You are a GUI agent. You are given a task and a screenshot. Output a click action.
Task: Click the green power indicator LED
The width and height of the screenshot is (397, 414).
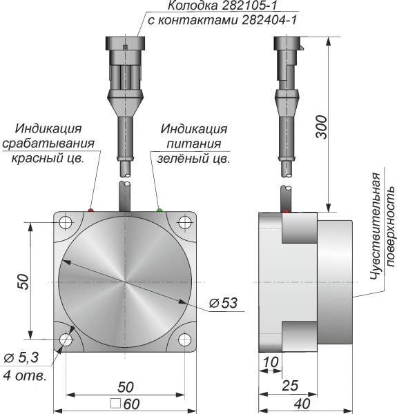[159, 210]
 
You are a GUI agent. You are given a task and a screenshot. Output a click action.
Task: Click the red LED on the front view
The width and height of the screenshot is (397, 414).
[90, 210]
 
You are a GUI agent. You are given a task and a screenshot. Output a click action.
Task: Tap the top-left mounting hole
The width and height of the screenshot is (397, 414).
[66, 222]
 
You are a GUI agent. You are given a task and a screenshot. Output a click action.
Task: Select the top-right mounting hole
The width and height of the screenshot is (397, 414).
[184, 222]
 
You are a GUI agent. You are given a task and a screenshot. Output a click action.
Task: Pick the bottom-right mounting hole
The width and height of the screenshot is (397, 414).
[184, 339]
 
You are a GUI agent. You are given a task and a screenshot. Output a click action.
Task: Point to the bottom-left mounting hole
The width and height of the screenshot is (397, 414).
[66, 339]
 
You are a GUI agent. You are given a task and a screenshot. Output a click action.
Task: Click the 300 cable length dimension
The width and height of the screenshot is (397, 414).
[322, 127]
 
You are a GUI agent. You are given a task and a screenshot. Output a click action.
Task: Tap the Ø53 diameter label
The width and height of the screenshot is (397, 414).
[224, 303]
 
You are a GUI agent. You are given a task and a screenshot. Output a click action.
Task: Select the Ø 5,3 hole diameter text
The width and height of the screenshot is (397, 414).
[21, 357]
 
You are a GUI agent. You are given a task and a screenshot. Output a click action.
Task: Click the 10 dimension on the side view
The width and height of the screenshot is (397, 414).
[271, 362]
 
